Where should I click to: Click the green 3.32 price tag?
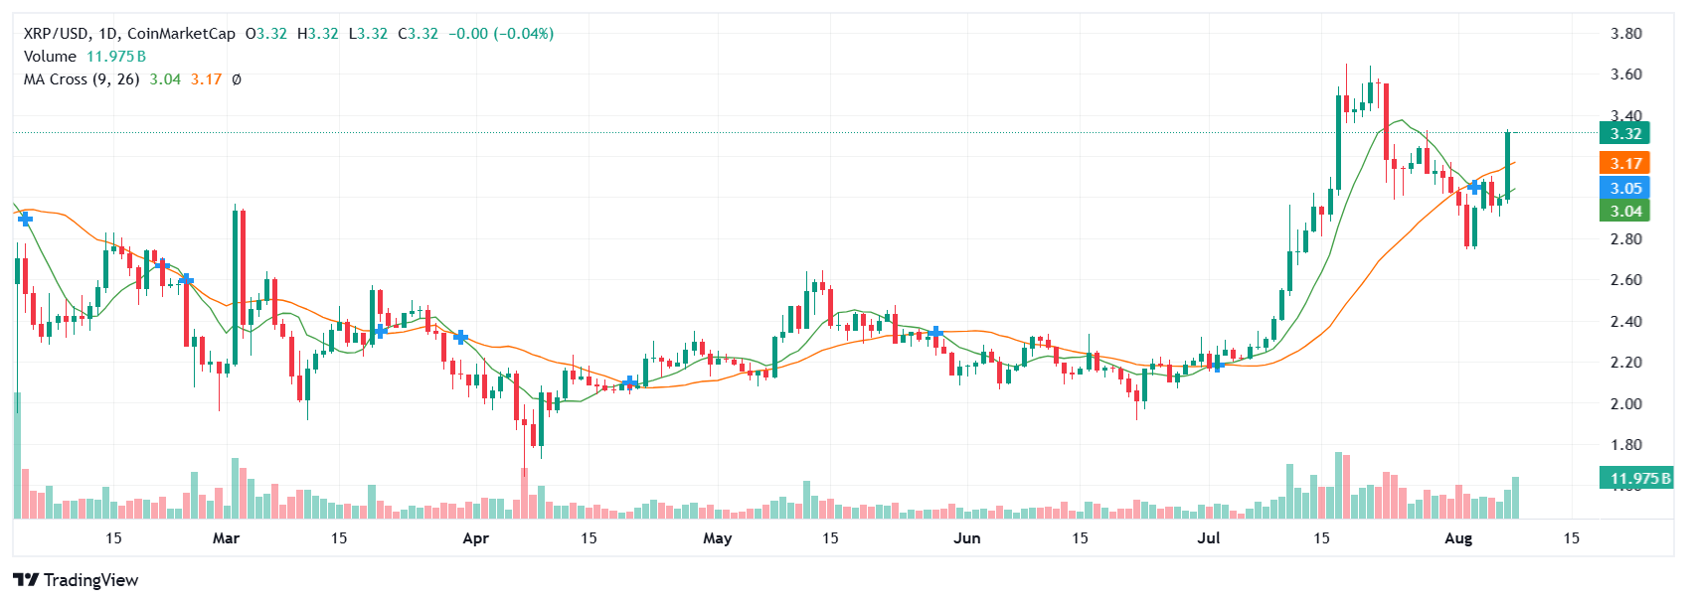[1625, 133]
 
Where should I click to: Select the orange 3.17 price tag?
[1625, 163]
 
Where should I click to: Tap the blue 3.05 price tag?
[1625, 188]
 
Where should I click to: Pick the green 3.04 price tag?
[1625, 211]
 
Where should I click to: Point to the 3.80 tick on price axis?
[1625, 33]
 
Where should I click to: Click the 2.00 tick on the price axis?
[1625, 403]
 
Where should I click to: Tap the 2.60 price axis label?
[1625, 279]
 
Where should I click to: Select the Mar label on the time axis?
[226, 538]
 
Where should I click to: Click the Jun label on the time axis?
[966, 538]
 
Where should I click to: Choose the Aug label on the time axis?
[1457, 538]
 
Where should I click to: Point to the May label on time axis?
[717, 538]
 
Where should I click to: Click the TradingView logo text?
[90, 580]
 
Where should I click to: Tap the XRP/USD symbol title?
[56, 34]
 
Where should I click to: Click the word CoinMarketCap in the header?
[181, 34]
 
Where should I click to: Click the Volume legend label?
[50, 57]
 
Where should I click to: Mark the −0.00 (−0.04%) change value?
[501, 34]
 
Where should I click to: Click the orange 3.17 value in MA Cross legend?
[206, 79]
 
